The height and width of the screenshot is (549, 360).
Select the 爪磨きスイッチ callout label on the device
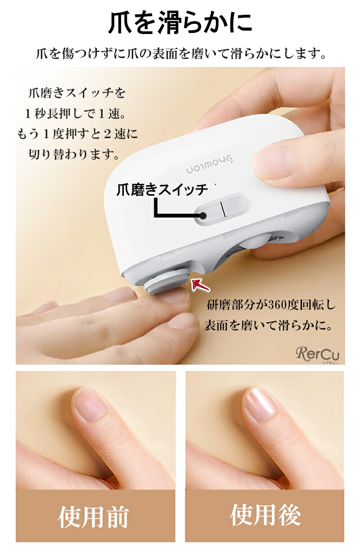tap(162, 190)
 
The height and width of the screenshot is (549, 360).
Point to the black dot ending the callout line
tap(203, 216)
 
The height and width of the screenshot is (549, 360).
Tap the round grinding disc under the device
tap(167, 280)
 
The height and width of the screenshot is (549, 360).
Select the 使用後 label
tap(265, 514)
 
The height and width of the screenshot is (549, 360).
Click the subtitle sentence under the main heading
tap(181, 54)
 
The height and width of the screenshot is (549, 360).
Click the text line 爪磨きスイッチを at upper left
tap(77, 93)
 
